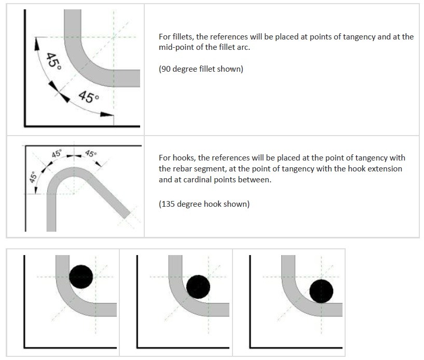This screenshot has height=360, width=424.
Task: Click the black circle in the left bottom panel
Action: [81, 277]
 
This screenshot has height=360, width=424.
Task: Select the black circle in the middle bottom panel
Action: [198, 287]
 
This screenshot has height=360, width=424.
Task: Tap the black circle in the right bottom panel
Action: [321, 291]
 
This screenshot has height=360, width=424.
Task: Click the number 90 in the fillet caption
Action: [166, 69]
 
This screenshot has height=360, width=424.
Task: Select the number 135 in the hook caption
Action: [168, 204]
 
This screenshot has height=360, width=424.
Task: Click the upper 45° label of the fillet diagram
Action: [53, 61]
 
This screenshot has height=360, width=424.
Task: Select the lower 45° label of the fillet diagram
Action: [89, 97]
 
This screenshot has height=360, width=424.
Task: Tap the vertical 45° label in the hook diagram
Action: [33, 177]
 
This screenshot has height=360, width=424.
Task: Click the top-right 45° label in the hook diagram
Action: [91, 154]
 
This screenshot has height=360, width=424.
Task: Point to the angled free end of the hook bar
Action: [127, 215]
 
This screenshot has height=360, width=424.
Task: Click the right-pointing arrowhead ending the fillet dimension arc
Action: [107, 114]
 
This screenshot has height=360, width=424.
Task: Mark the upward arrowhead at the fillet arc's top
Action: [36, 44]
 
